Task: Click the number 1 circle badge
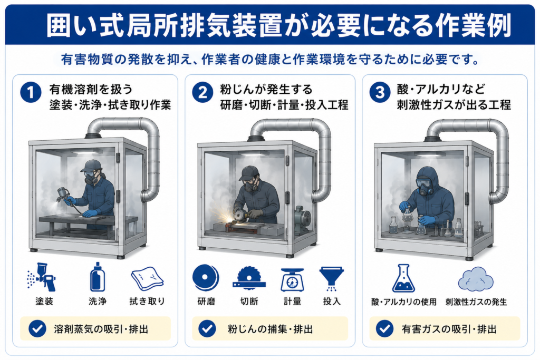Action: click(31, 93)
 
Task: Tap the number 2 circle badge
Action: click(202, 93)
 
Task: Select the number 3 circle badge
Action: click(380, 93)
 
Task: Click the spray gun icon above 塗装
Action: click(42, 277)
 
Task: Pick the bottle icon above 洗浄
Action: click(98, 277)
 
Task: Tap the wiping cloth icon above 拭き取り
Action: click(147, 279)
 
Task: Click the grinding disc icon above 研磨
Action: click(206, 278)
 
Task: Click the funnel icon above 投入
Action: click(332, 278)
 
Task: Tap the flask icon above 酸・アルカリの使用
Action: click(403, 278)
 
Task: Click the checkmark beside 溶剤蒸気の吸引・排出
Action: click(37, 329)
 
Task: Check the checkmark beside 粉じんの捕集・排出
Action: click(207, 329)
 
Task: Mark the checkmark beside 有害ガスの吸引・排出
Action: click(384, 329)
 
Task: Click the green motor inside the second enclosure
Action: click(302, 221)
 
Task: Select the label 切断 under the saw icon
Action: click(249, 301)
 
